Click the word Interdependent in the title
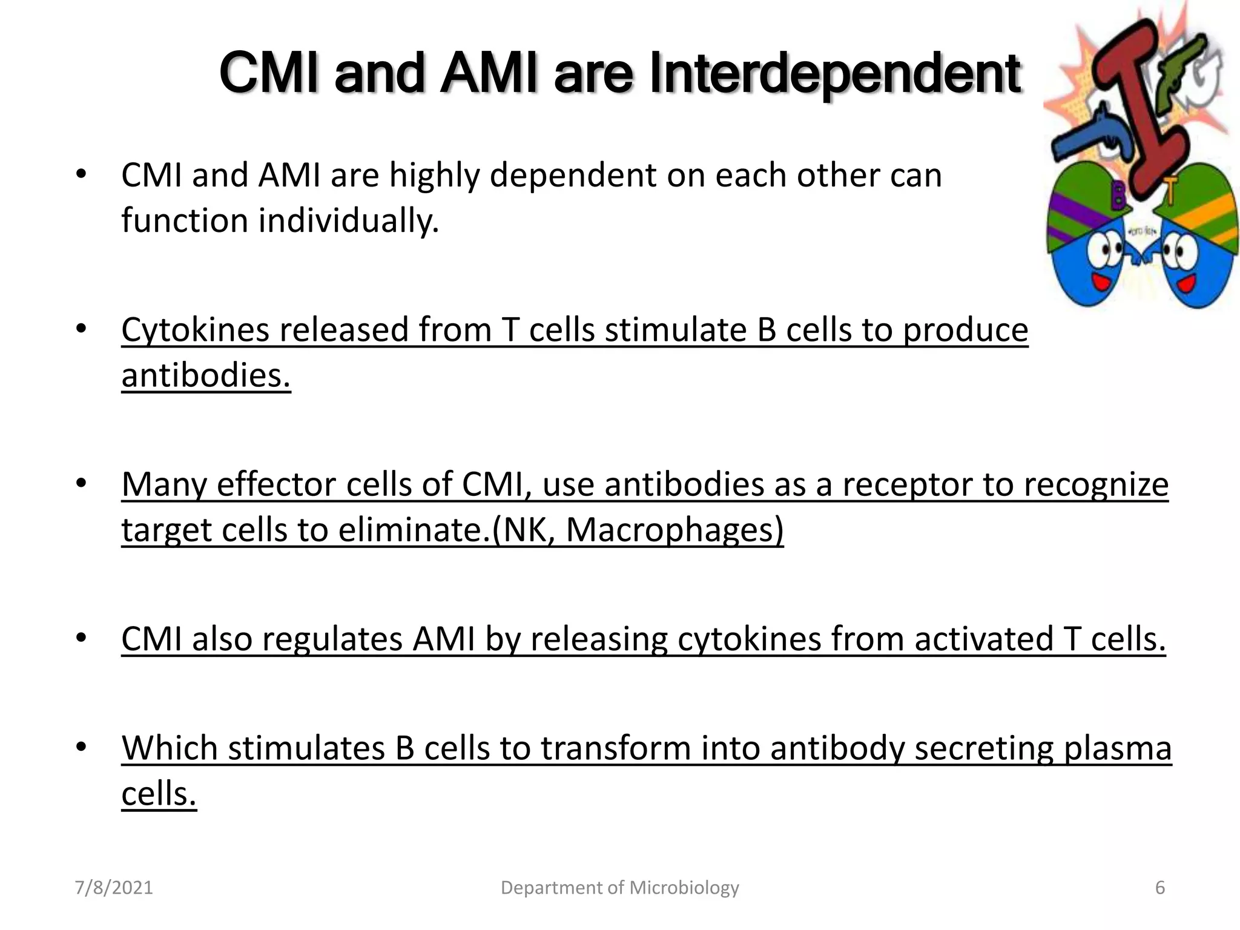(836, 74)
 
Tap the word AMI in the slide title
(489, 74)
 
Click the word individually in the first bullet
(348, 220)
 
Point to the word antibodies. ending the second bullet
(206, 375)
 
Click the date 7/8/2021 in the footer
(114, 888)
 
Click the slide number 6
(1160, 888)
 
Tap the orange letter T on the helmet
(1171, 194)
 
